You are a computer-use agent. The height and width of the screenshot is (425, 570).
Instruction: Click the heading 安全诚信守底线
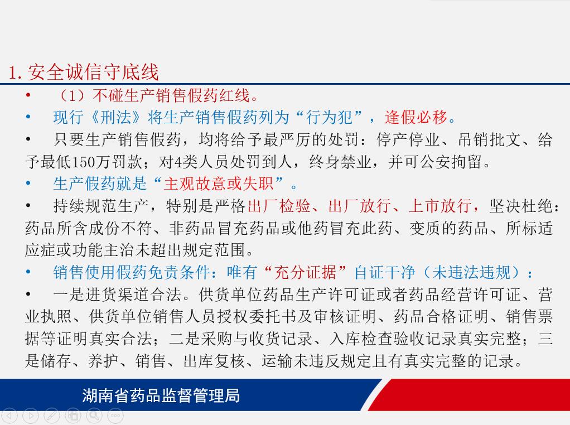tap(93, 72)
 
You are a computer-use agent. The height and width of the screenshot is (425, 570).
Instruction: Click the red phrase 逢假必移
tap(416, 118)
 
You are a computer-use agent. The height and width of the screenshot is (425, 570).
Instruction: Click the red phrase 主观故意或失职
tap(219, 183)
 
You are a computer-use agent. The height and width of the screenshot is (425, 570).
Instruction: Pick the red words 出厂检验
tap(279, 206)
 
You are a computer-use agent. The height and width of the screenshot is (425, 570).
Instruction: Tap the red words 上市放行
tap(440, 206)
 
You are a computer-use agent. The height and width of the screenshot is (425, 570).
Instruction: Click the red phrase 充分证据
tap(306, 272)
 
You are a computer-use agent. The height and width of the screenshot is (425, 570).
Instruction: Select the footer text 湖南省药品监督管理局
tap(161, 395)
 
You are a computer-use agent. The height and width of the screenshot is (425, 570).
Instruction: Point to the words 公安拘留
tap(451, 162)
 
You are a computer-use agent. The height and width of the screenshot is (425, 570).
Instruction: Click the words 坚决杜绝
tap(520, 206)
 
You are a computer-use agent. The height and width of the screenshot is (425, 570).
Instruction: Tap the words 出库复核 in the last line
tap(215, 361)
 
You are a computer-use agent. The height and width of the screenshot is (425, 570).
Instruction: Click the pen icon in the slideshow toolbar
tap(52, 416)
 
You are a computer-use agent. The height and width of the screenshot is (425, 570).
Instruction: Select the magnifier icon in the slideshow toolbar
tap(94, 416)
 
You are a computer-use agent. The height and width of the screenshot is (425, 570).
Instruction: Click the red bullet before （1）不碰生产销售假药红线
tap(28, 95)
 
